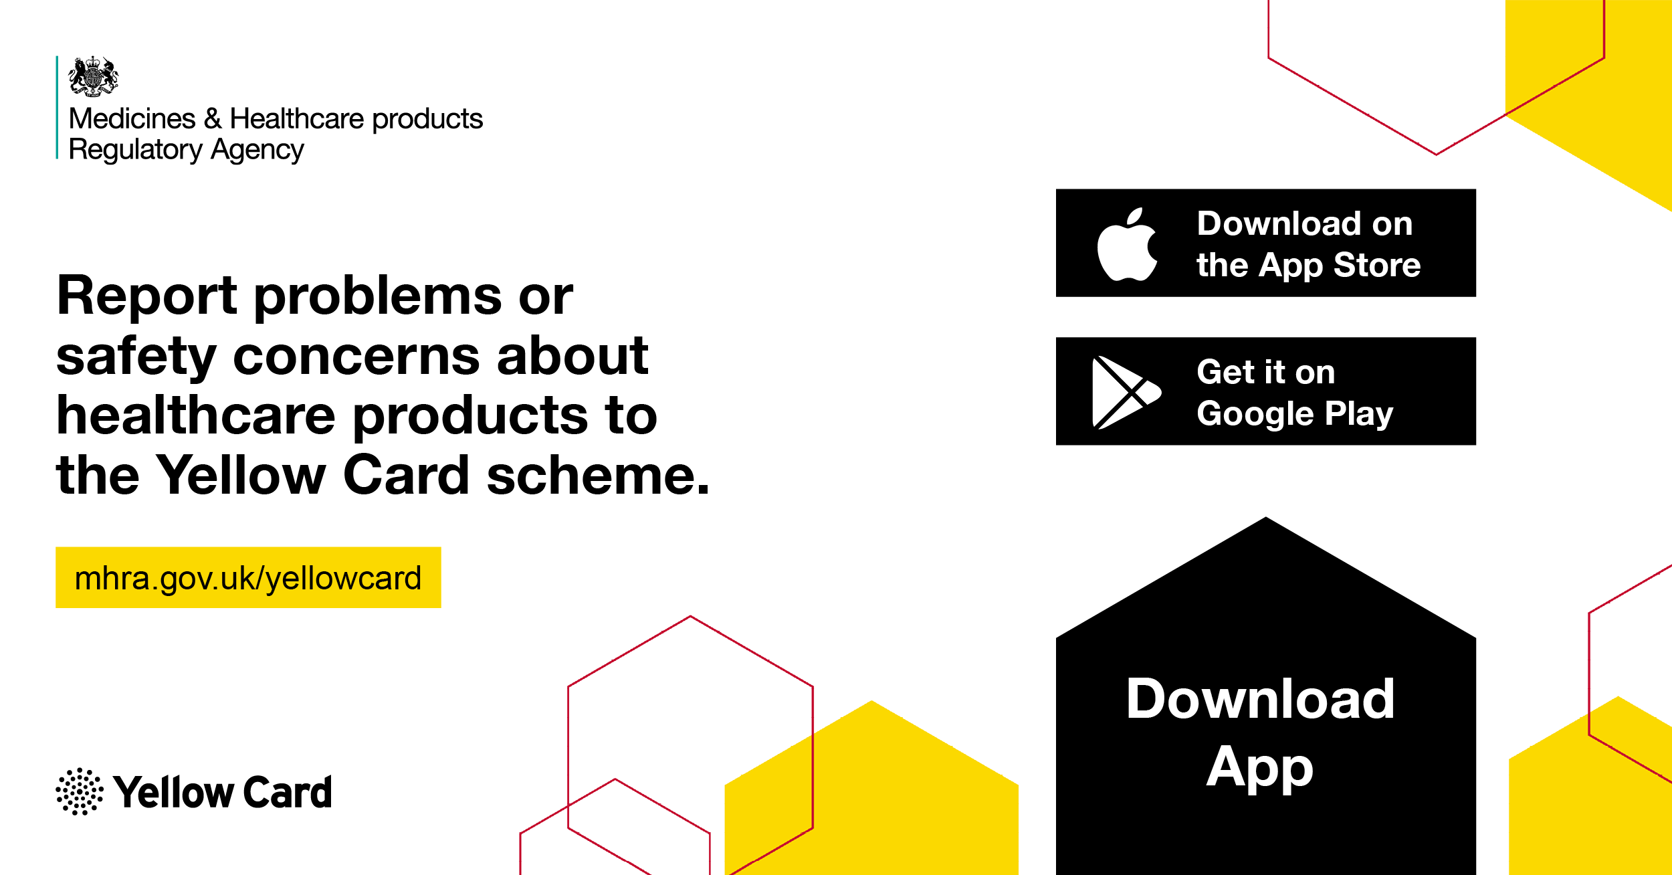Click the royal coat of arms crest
[x=94, y=76]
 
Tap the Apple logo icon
[x=1128, y=244]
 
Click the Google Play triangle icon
[x=1126, y=393]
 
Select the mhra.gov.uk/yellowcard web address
[x=248, y=579]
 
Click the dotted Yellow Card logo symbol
[x=80, y=791]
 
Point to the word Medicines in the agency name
[x=132, y=119]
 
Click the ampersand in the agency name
[x=213, y=119]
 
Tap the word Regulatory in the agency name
[x=136, y=150]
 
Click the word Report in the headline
[x=147, y=296]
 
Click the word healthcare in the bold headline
[x=196, y=415]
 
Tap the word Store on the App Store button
[x=1377, y=265]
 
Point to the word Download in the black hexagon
[x=1261, y=699]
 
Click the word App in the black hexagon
[x=1260, y=769]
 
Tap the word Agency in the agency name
[x=257, y=150]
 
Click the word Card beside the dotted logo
[x=288, y=792]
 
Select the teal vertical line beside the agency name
[x=58, y=108]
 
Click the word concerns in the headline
[x=356, y=357]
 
